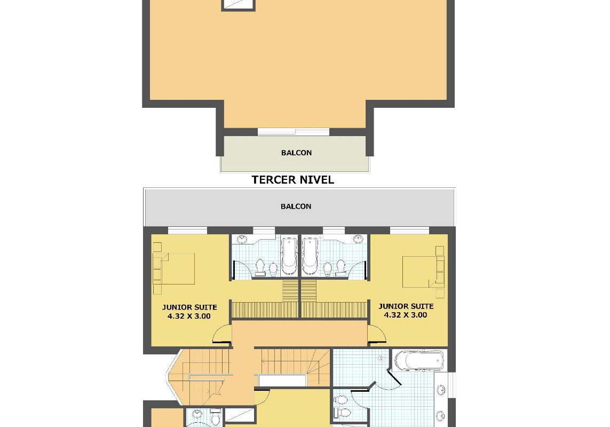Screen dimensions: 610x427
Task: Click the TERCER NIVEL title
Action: [292, 179]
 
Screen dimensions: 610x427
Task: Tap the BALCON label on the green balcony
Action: [296, 153]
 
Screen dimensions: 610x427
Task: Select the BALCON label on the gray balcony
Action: [296, 207]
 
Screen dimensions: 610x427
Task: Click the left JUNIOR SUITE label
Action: [189, 307]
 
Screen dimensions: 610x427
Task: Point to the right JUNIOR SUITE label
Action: [406, 306]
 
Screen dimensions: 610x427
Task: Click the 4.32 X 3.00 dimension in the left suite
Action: [189, 316]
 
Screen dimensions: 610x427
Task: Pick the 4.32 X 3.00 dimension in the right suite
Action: [406, 315]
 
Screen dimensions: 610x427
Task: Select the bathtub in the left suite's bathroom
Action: [289, 256]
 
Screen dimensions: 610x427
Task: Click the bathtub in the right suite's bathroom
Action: [310, 256]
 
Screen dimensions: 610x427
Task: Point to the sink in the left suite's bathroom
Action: [243, 239]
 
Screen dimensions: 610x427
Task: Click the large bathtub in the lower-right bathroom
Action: [419, 361]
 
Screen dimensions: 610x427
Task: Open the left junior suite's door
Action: [222, 334]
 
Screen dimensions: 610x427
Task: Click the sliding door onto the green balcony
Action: [294, 132]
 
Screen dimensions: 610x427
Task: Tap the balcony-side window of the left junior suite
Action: [187, 231]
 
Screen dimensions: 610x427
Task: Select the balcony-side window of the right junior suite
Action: [410, 231]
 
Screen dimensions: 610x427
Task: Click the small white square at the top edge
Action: [238, 4]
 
